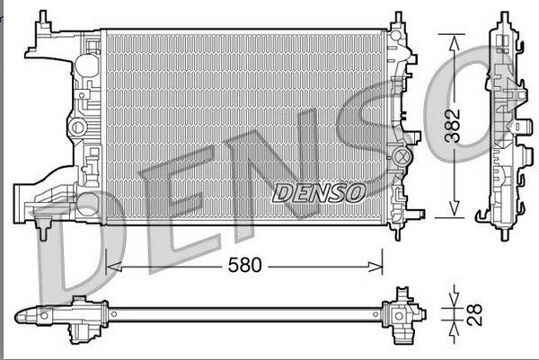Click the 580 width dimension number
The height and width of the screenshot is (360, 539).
coord(243,267)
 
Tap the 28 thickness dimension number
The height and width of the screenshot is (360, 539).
coord(473,314)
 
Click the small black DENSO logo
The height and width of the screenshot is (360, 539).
coord(317,192)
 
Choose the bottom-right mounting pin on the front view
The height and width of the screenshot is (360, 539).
coord(397,232)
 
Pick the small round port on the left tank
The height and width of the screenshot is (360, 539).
coord(78,127)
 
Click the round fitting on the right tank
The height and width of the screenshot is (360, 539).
coord(398,159)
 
